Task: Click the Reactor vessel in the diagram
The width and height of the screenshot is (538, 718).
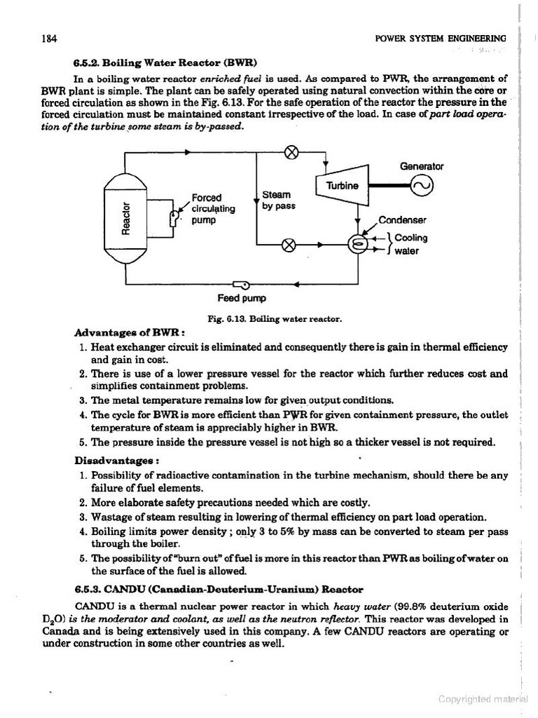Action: (125, 217)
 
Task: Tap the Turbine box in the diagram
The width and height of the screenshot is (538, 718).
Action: (343, 186)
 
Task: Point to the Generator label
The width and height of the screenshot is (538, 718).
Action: (421, 166)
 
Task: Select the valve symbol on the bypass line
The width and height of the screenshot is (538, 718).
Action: (288, 245)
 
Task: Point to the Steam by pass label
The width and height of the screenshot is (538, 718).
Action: (278, 200)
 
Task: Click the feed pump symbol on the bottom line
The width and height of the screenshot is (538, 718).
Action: (244, 285)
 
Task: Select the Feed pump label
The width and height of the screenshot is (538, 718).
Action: (242, 298)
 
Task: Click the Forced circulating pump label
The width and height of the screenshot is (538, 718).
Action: (213, 208)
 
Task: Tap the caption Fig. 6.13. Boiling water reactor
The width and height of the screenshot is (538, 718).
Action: (275, 318)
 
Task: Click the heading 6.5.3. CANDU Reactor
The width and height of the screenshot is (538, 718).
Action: (219, 588)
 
